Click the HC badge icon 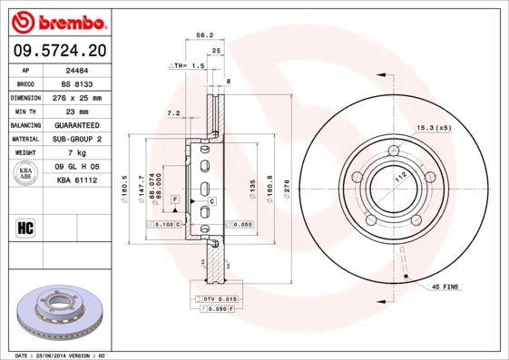25,227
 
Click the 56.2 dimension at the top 205,34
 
